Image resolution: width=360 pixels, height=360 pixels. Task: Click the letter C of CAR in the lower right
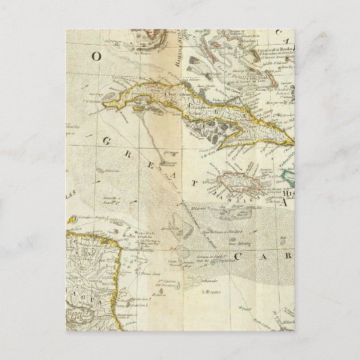(238, 256)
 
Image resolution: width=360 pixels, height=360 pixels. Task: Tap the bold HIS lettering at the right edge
(285, 193)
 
